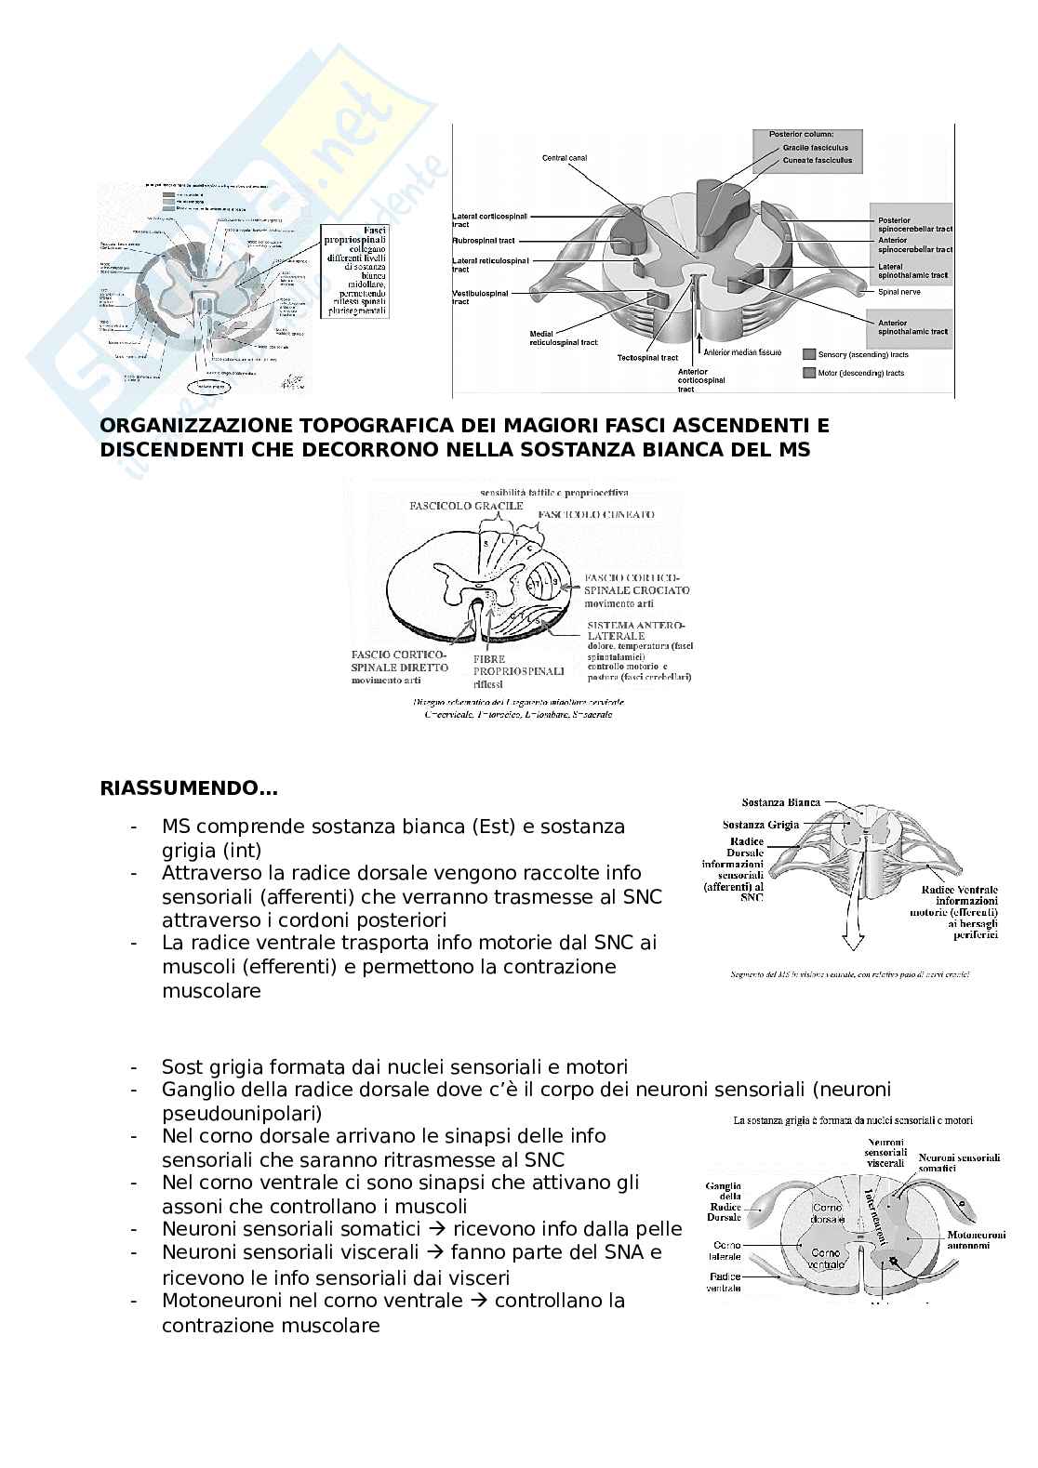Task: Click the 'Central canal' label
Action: tap(565, 158)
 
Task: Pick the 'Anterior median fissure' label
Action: tap(742, 353)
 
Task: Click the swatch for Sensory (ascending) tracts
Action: tap(810, 354)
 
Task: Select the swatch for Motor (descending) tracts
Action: tap(810, 373)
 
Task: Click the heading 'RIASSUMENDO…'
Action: tap(189, 789)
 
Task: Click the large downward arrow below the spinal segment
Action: tap(848, 929)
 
